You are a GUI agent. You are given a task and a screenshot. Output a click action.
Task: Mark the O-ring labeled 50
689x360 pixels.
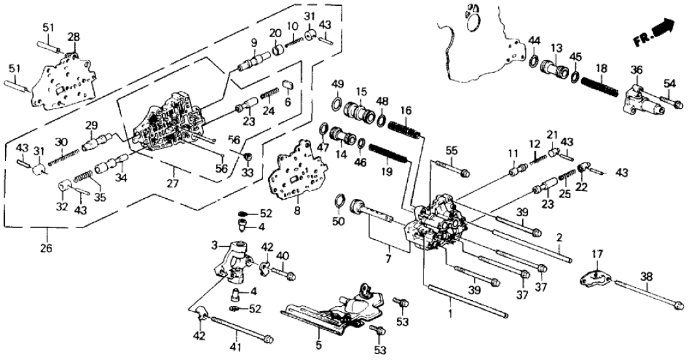point(339,199)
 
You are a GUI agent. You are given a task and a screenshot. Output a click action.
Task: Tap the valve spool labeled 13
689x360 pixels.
point(557,68)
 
